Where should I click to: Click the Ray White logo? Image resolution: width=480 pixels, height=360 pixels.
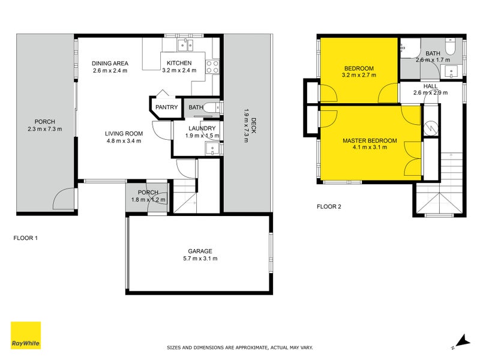click(x=26, y=335)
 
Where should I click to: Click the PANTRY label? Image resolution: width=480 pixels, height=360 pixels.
click(x=166, y=107)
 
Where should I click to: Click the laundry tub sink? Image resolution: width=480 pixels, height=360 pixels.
click(x=211, y=148)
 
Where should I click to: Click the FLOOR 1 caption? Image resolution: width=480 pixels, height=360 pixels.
click(x=26, y=238)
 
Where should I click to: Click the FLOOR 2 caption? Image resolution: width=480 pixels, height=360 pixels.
click(x=329, y=207)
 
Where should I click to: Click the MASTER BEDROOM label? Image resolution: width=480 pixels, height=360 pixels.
click(x=370, y=140)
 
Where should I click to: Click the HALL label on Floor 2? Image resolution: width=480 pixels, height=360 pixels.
click(x=430, y=86)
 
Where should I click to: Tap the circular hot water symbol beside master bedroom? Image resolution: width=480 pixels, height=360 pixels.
click(x=431, y=127)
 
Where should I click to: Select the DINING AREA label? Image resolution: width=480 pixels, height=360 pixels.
click(x=111, y=63)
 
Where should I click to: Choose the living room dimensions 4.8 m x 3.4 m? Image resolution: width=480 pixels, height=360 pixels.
click(x=123, y=141)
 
